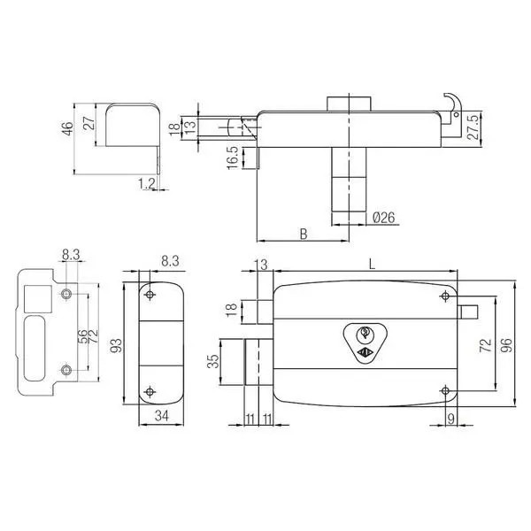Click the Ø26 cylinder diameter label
tap(384, 218)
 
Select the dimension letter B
tap(304, 234)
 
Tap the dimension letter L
tap(373, 264)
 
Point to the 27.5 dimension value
tap(473, 127)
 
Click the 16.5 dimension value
tap(233, 158)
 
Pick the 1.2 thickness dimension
tap(147, 183)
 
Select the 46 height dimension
tap(68, 128)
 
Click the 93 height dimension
tap(116, 345)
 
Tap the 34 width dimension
tap(162, 416)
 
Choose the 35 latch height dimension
tap(213, 361)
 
